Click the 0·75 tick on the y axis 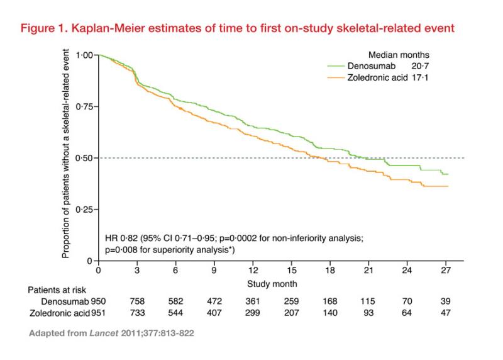point(85,106)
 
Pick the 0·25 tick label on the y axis point(85,209)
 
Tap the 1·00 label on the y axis point(85,55)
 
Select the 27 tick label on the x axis point(445,271)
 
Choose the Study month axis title point(272,284)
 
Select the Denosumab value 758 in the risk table point(137,301)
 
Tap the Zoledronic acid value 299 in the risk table point(253,313)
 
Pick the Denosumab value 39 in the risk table point(445,301)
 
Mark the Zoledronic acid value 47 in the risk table point(445,313)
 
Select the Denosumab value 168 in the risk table point(329,301)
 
